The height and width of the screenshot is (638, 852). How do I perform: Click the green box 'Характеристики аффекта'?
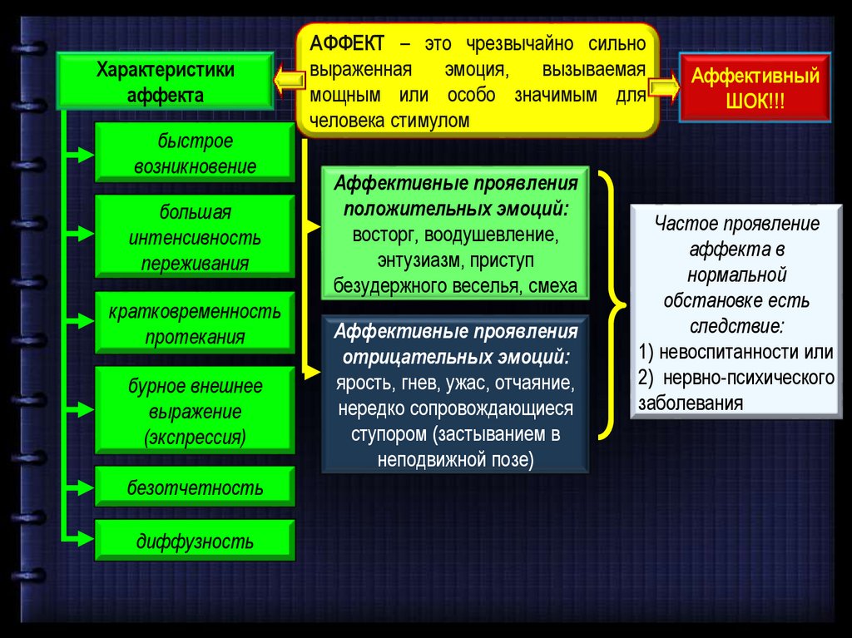165,82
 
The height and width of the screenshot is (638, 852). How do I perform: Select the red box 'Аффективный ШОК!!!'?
755,87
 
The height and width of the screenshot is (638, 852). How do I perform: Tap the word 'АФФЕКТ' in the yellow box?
347,42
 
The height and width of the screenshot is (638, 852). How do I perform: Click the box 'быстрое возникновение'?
195,153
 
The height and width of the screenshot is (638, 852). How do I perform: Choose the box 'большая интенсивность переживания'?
195,237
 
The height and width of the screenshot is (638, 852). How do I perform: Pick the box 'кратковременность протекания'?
195,324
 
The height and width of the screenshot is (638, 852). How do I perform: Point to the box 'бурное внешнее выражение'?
195,411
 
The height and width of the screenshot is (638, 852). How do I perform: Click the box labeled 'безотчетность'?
195,487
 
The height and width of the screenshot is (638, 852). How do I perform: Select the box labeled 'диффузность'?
195,542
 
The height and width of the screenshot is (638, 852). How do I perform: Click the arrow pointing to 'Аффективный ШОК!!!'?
666,87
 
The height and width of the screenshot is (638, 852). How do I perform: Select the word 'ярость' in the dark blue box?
359,385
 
